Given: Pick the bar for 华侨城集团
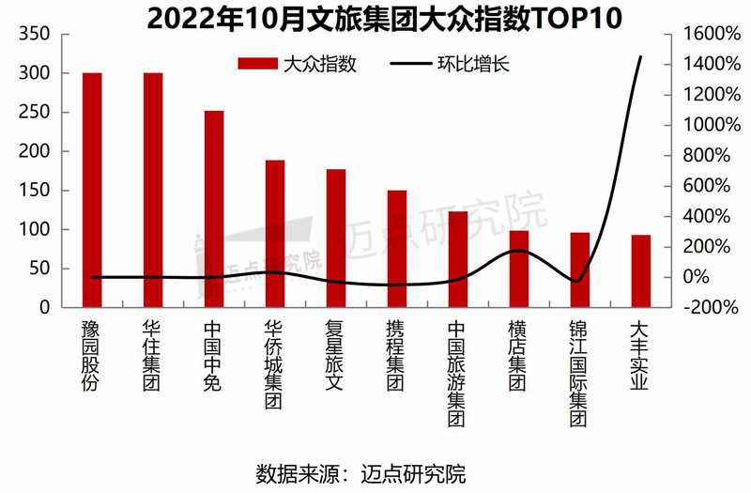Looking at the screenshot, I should tap(275, 234).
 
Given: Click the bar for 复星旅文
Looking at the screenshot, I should tap(336, 239).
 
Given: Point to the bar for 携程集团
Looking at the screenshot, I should tap(397, 249).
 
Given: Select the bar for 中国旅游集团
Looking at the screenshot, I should tap(458, 259).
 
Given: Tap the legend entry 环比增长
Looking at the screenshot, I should tap(460, 64).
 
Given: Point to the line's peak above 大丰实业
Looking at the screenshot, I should tap(641, 56).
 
